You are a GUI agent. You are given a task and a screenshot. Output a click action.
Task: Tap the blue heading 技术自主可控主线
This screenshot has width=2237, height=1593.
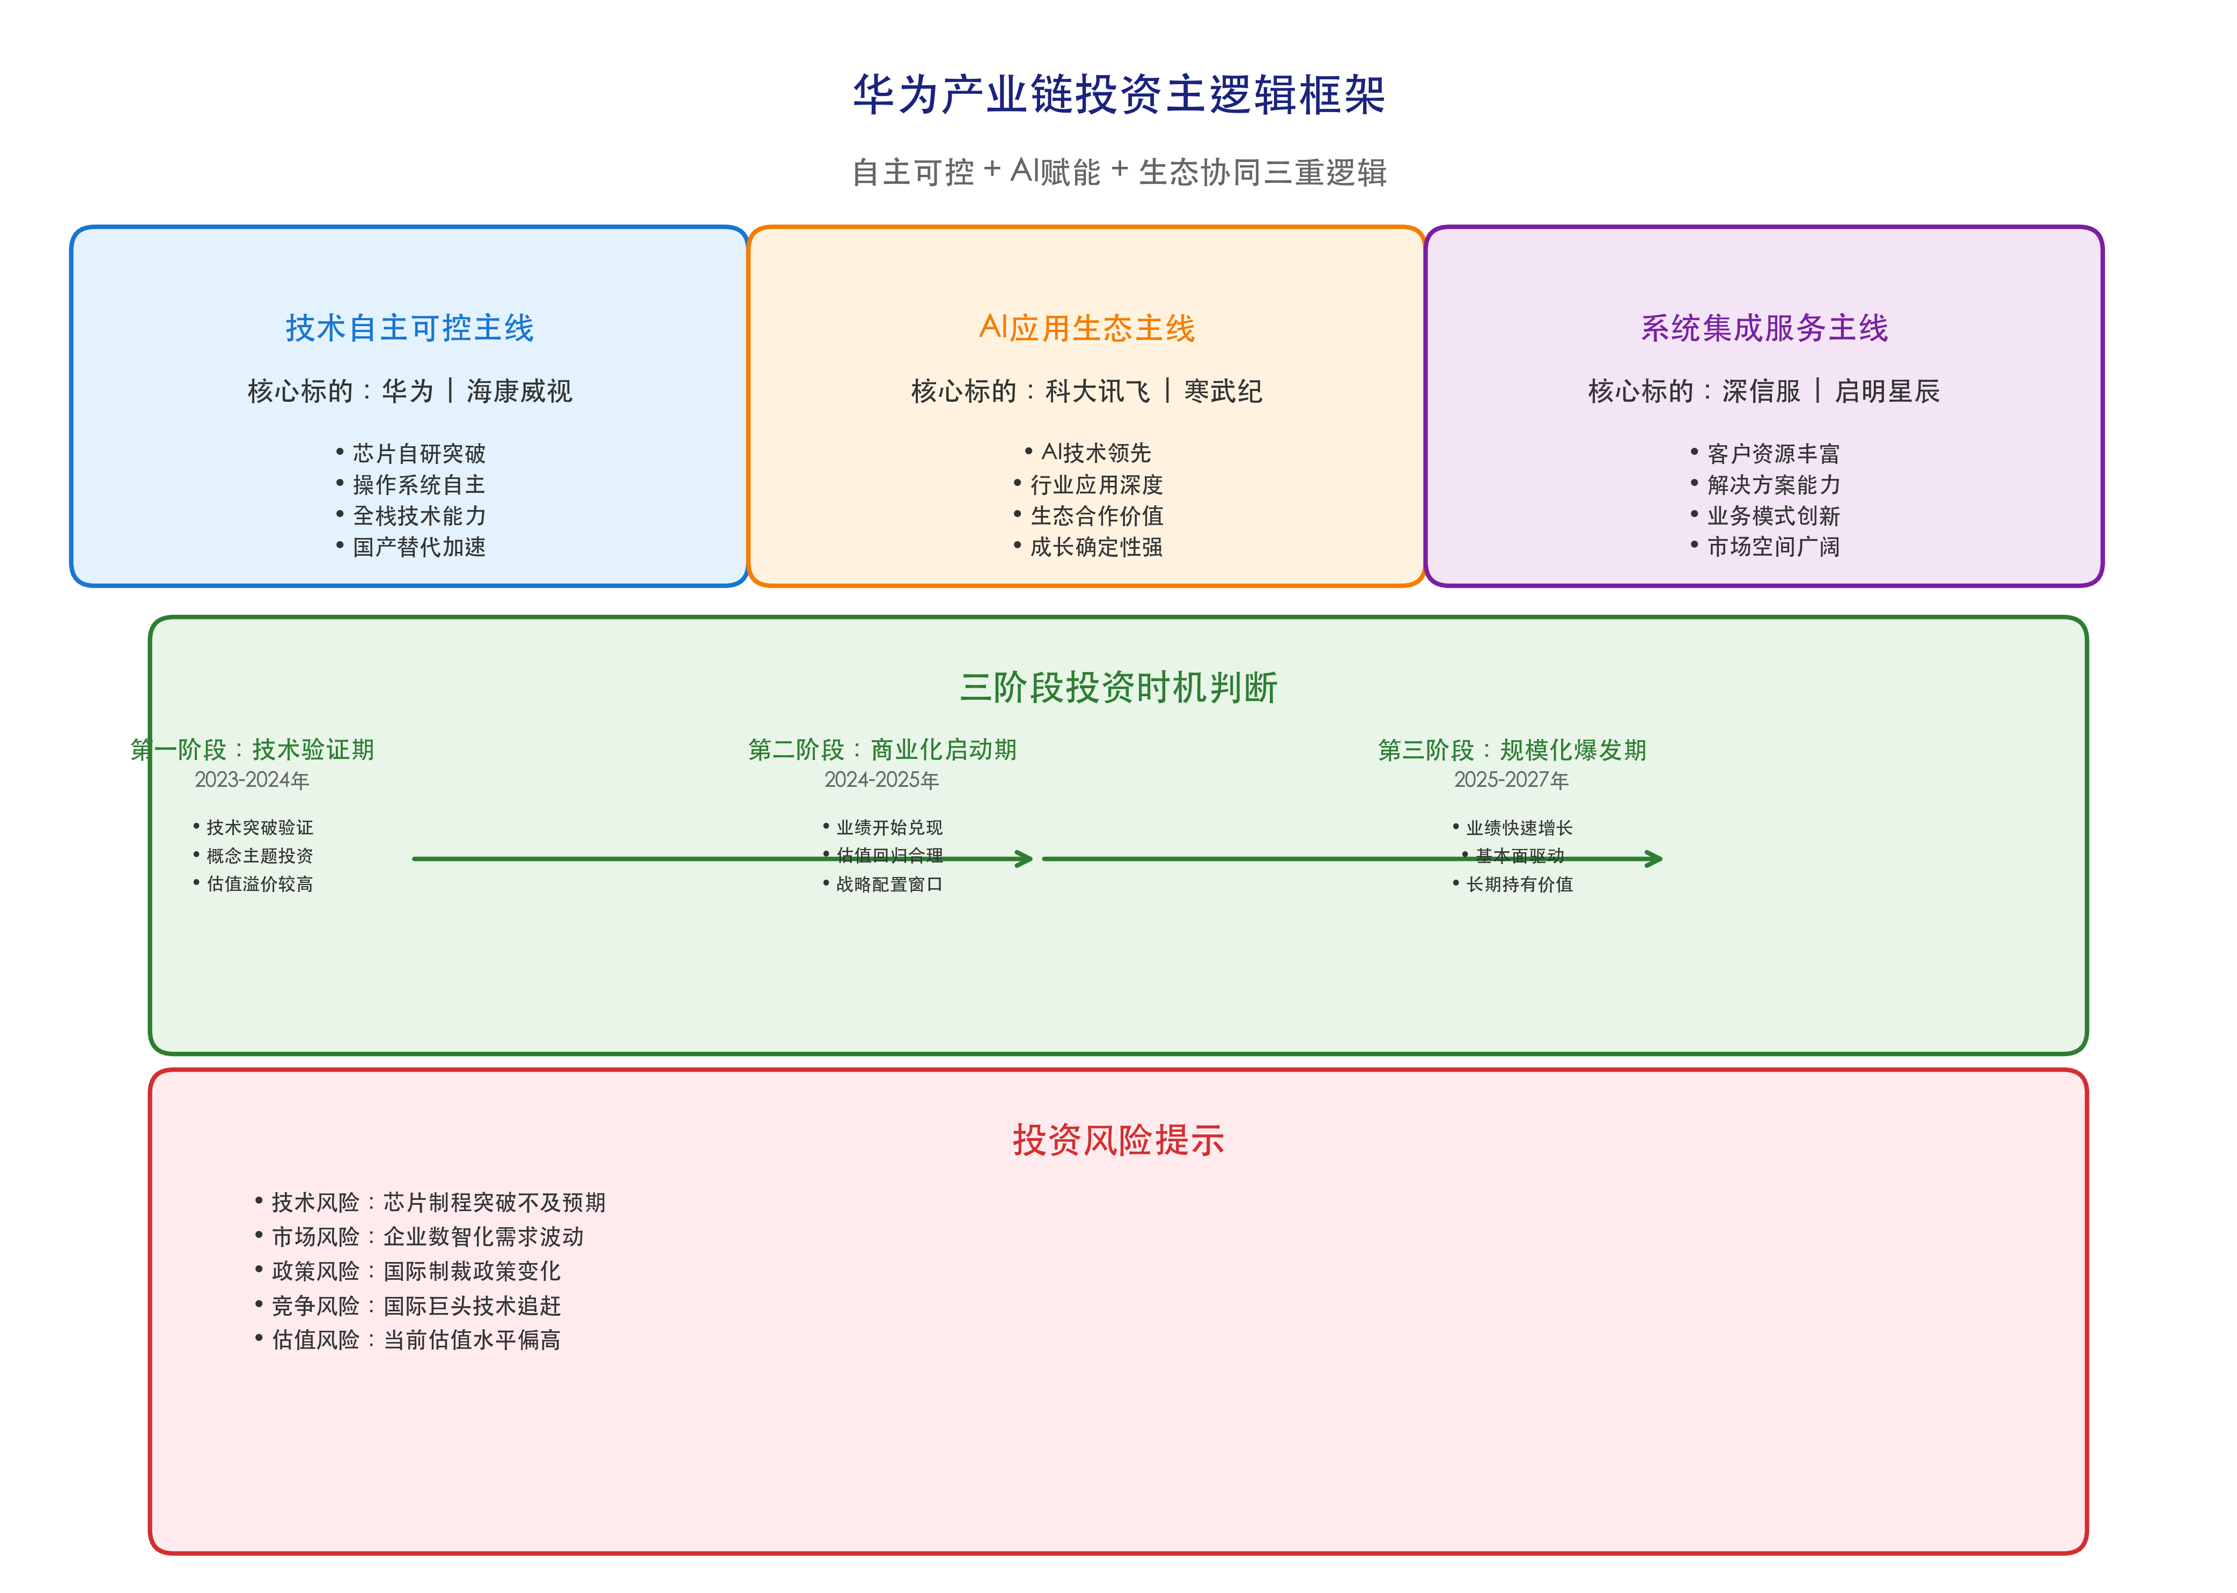pos(409,328)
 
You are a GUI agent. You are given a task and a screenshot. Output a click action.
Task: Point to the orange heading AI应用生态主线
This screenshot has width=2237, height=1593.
pos(1086,328)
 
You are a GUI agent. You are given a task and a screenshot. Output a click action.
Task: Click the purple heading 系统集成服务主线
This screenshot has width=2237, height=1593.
pos(1763,328)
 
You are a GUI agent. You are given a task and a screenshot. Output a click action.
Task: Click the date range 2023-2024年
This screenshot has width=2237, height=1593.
pos(252,780)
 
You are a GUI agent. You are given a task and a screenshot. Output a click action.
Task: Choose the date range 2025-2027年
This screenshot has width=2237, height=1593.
pos(1511,780)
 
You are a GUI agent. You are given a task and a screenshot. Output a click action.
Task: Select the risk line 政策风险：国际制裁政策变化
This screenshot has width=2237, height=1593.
pos(415,1271)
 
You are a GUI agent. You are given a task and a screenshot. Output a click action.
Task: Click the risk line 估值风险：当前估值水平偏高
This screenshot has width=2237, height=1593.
pos(415,1340)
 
